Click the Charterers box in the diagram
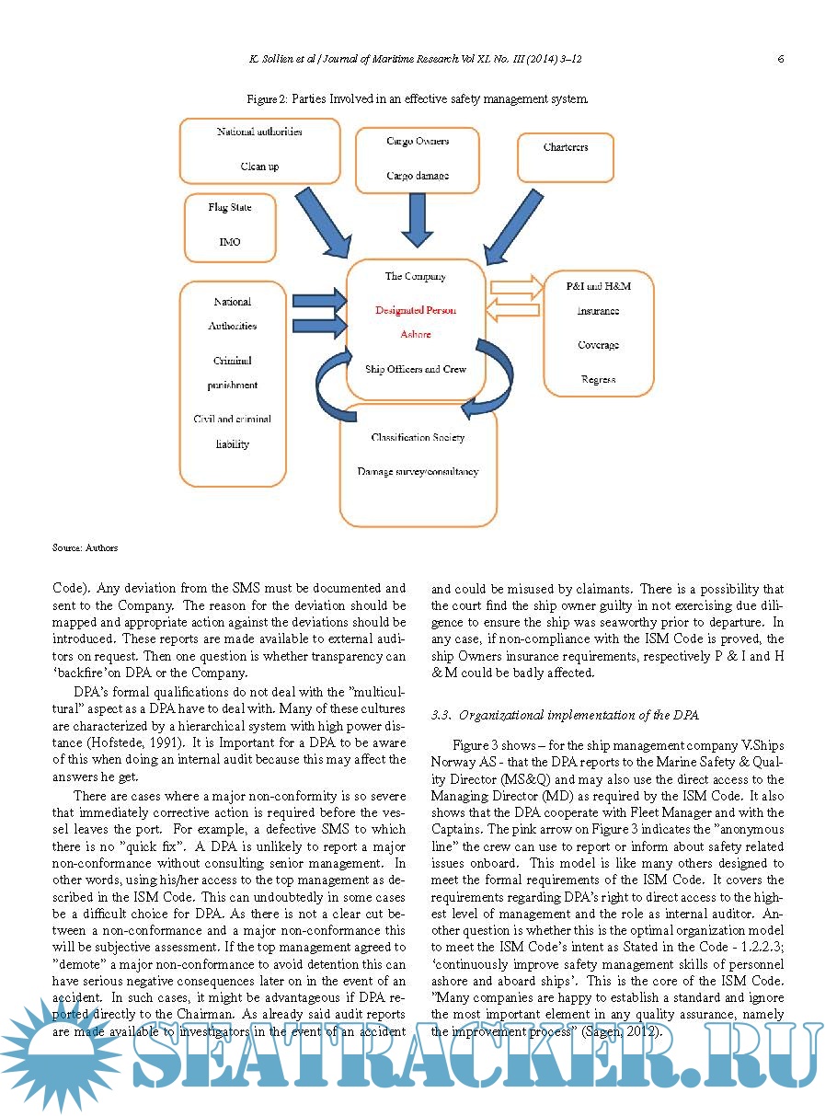point(566,157)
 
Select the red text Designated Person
point(415,311)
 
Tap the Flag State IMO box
point(229,226)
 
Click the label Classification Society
point(418,438)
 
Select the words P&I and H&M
point(599,286)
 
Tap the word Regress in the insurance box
point(598,379)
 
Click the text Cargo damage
point(418,176)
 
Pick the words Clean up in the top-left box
point(259,167)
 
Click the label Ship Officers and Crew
point(415,369)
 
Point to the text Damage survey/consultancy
point(418,472)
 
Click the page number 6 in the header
point(780,59)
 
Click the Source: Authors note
point(85,547)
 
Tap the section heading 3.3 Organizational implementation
point(565,715)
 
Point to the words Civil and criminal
point(232,420)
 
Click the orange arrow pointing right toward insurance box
point(517,286)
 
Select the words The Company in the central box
point(415,276)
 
